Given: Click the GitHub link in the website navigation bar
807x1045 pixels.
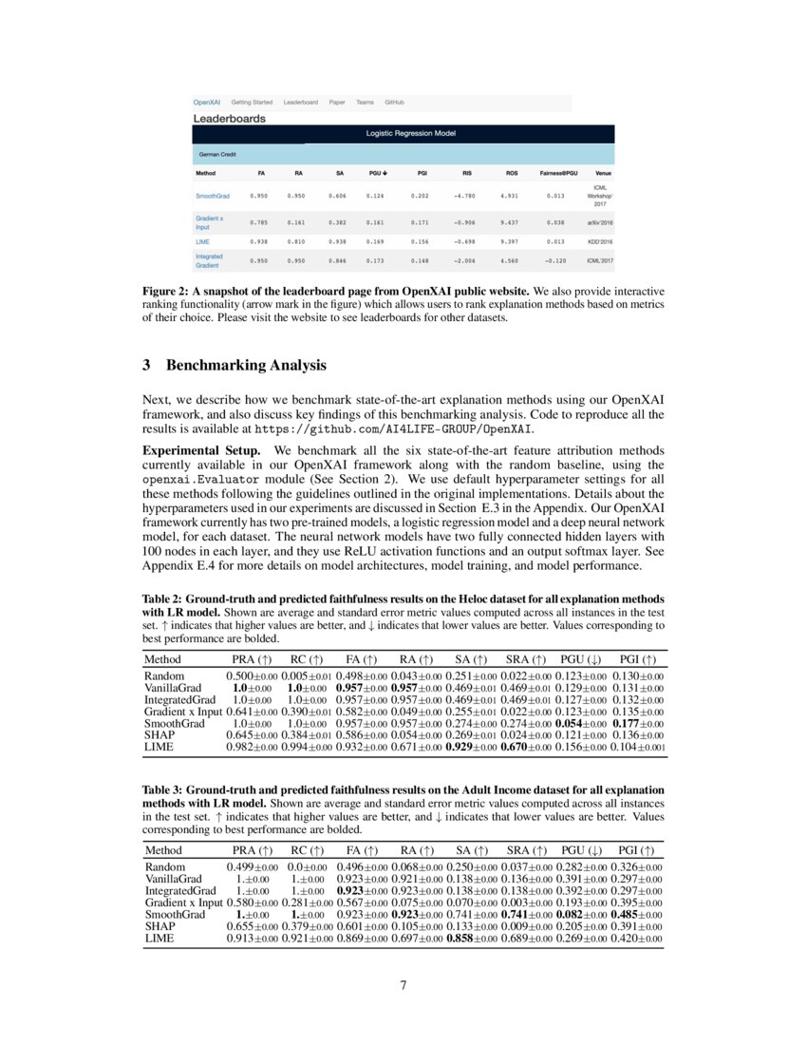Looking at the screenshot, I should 394,102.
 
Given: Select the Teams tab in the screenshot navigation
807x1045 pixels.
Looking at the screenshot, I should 365,102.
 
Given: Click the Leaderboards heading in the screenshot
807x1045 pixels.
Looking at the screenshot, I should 230,119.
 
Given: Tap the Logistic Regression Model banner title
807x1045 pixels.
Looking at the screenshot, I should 411,134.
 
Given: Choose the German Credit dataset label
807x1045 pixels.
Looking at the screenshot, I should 217,154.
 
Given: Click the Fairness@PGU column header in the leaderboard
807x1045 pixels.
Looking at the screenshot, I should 559,174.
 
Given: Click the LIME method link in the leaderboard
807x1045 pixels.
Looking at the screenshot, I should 202,241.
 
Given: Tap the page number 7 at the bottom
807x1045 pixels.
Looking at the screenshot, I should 403,985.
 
